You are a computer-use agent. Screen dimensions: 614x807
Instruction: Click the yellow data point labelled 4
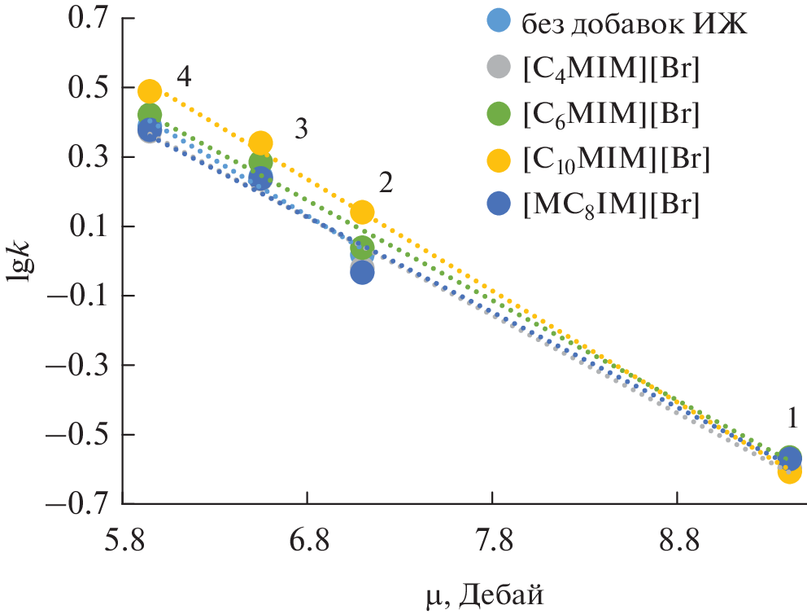pos(149,90)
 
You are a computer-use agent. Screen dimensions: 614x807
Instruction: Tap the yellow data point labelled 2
pos(362,212)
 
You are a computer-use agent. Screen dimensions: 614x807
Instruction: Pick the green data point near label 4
pos(149,114)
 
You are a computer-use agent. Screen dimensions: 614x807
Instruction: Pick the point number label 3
pos(300,129)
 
